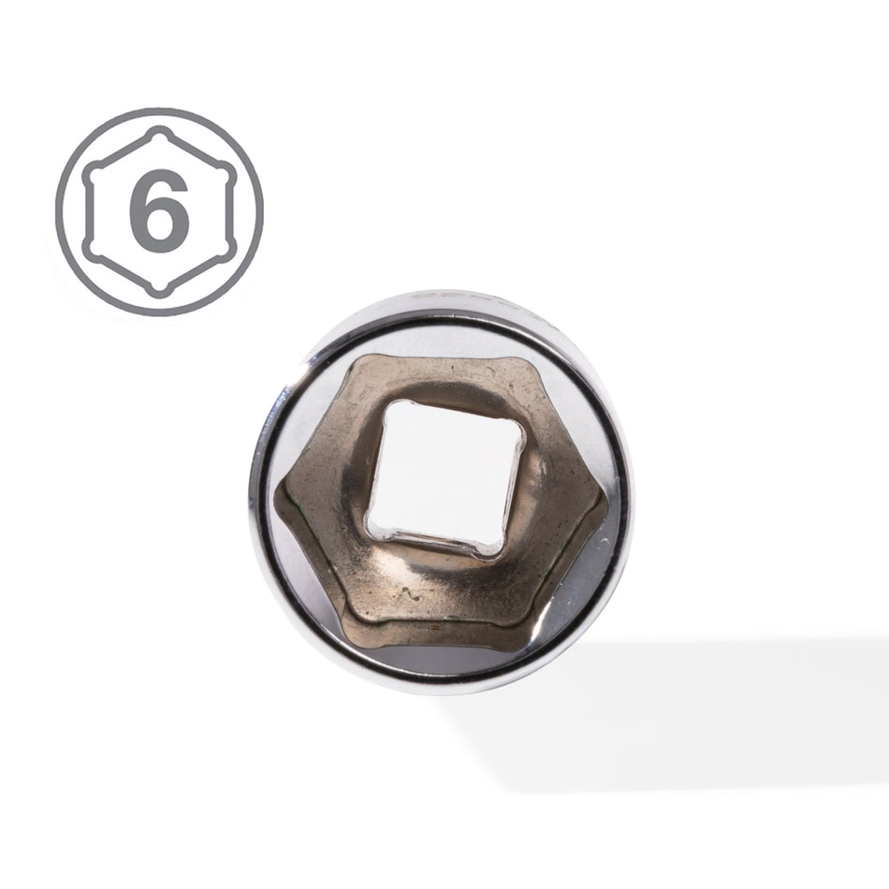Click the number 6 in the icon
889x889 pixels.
158,211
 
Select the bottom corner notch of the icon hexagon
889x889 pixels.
160,289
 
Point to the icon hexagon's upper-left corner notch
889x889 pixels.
92,173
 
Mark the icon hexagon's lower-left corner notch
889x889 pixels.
92,251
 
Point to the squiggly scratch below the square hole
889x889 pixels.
412,594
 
